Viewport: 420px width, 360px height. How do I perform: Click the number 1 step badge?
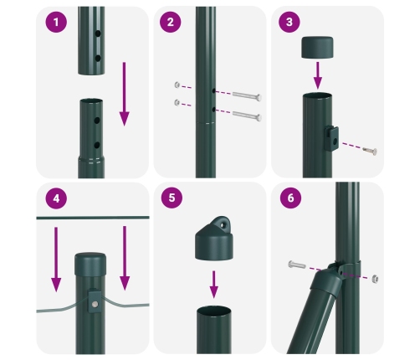[x=56, y=23]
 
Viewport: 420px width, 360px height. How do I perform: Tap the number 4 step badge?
[x=56, y=201]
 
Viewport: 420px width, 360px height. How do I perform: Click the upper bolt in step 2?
[x=243, y=95]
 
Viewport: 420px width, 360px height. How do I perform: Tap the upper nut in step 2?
[x=177, y=85]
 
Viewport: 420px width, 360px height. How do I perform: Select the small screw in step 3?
[x=368, y=152]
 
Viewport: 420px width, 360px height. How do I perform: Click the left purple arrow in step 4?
[x=56, y=255]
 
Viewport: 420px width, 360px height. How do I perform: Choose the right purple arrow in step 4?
[x=124, y=255]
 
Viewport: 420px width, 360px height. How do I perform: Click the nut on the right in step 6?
[x=376, y=277]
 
